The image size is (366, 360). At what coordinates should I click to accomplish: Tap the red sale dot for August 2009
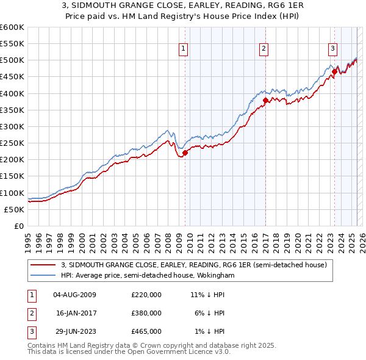[x=185, y=153]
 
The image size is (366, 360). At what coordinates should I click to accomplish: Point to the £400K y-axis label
[x=12, y=93]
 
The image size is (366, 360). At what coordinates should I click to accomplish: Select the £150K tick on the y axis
[x=12, y=176]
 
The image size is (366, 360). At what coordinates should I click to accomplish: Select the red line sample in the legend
[x=43, y=265]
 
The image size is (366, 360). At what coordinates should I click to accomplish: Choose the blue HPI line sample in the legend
[x=43, y=276]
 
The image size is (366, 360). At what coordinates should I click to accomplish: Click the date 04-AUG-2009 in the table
[x=74, y=295]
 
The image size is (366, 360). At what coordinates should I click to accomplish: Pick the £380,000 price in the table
[x=146, y=313]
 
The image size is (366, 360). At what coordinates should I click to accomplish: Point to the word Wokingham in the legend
[x=215, y=276]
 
